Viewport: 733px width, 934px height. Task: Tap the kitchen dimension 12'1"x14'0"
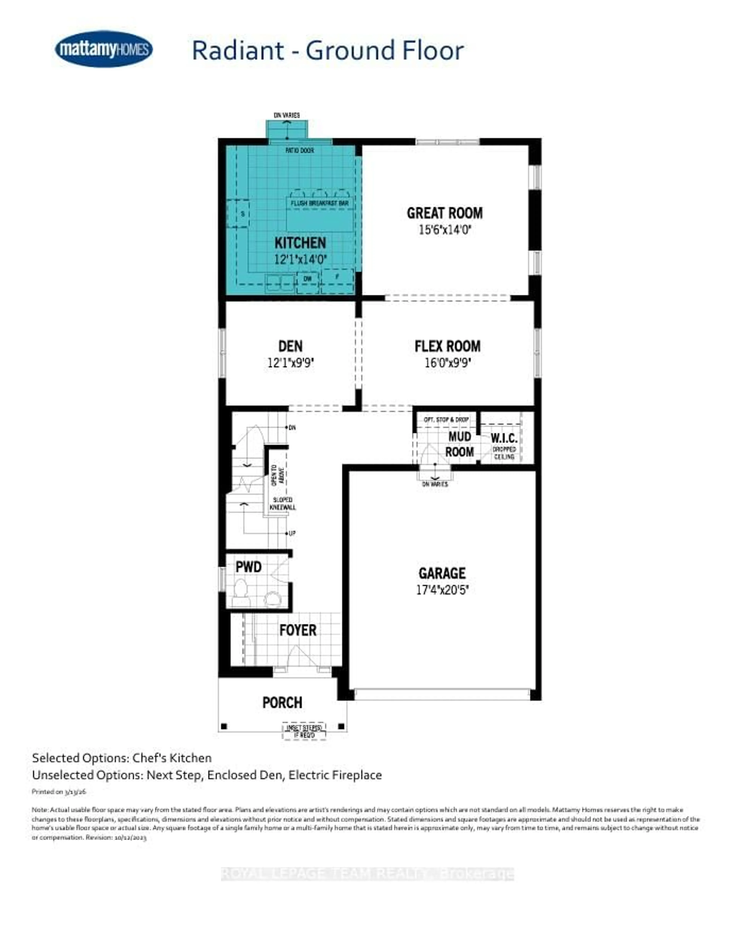tap(300, 259)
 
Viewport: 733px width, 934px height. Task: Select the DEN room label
tap(290, 346)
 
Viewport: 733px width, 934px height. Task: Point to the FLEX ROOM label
tap(447, 346)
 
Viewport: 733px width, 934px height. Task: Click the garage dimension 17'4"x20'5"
tap(442, 590)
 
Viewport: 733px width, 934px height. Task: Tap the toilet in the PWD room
tap(241, 592)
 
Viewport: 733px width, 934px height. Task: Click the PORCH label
tap(282, 702)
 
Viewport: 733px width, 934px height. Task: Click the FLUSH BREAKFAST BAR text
tap(320, 203)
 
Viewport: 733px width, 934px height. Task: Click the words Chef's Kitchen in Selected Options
tap(172, 758)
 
